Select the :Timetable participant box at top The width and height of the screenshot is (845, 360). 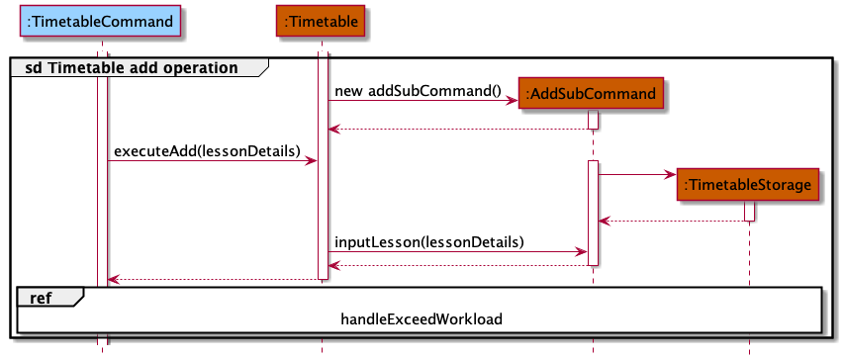pyautogui.click(x=323, y=20)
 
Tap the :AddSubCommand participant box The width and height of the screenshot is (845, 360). pyautogui.click(x=592, y=94)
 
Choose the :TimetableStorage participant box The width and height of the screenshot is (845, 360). pyautogui.click(x=749, y=184)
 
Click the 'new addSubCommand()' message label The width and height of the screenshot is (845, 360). pyautogui.click(x=418, y=91)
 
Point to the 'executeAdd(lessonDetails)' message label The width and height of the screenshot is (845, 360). pyautogui.click(x=207, y=151)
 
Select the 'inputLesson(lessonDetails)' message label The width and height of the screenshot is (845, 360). pyautogui.click(x=428, y=241)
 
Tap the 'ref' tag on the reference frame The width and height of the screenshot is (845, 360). pyautogui.click(x=39, y=296)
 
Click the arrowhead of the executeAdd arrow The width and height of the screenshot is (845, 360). pyautogui.click(x=312, y=160)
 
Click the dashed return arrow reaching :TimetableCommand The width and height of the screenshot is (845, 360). pyautogui.click(x=212, y=280)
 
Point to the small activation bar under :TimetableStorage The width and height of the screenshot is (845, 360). pyautogui.click(x=749, y=211)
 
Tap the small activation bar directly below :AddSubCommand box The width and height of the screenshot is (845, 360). pyautogui.click(x=593, y=119)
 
